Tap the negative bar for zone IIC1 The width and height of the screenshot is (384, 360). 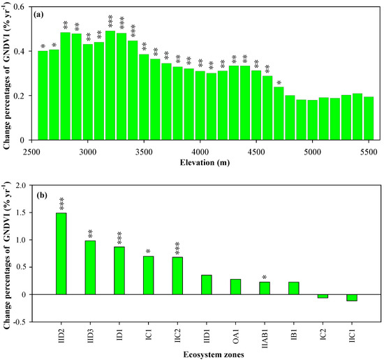click(352, 298)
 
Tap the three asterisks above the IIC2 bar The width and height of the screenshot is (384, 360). click(177, 247)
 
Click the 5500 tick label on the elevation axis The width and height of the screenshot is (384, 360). click(367, 150)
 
